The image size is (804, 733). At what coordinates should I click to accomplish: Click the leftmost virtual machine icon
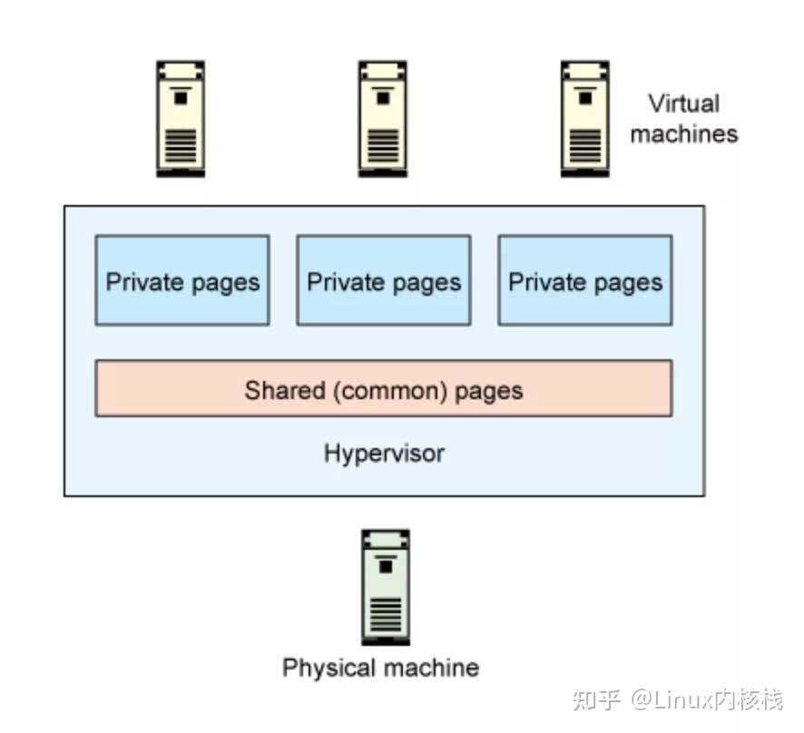click(x=181, y=118)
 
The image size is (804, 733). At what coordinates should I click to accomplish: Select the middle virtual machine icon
click(x=382, y=118)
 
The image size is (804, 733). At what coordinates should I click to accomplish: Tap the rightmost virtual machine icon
click(x=584, y=118)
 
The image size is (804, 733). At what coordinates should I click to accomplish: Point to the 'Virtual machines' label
click(x=683, y=119)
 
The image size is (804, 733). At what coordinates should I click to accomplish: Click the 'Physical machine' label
click(x=380, y=669)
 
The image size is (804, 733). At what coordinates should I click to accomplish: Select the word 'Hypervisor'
click(x=384, y=453)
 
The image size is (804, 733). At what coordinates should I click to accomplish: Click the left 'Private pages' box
click(x=182, y=280)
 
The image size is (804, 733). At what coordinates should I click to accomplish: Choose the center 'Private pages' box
click(x=384, y=280)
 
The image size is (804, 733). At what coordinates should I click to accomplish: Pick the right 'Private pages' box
click(x=585, y=280)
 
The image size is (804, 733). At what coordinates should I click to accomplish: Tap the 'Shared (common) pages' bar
click(x=384, y=388)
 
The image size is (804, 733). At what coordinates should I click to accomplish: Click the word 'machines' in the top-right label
click(x=683, y=134)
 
